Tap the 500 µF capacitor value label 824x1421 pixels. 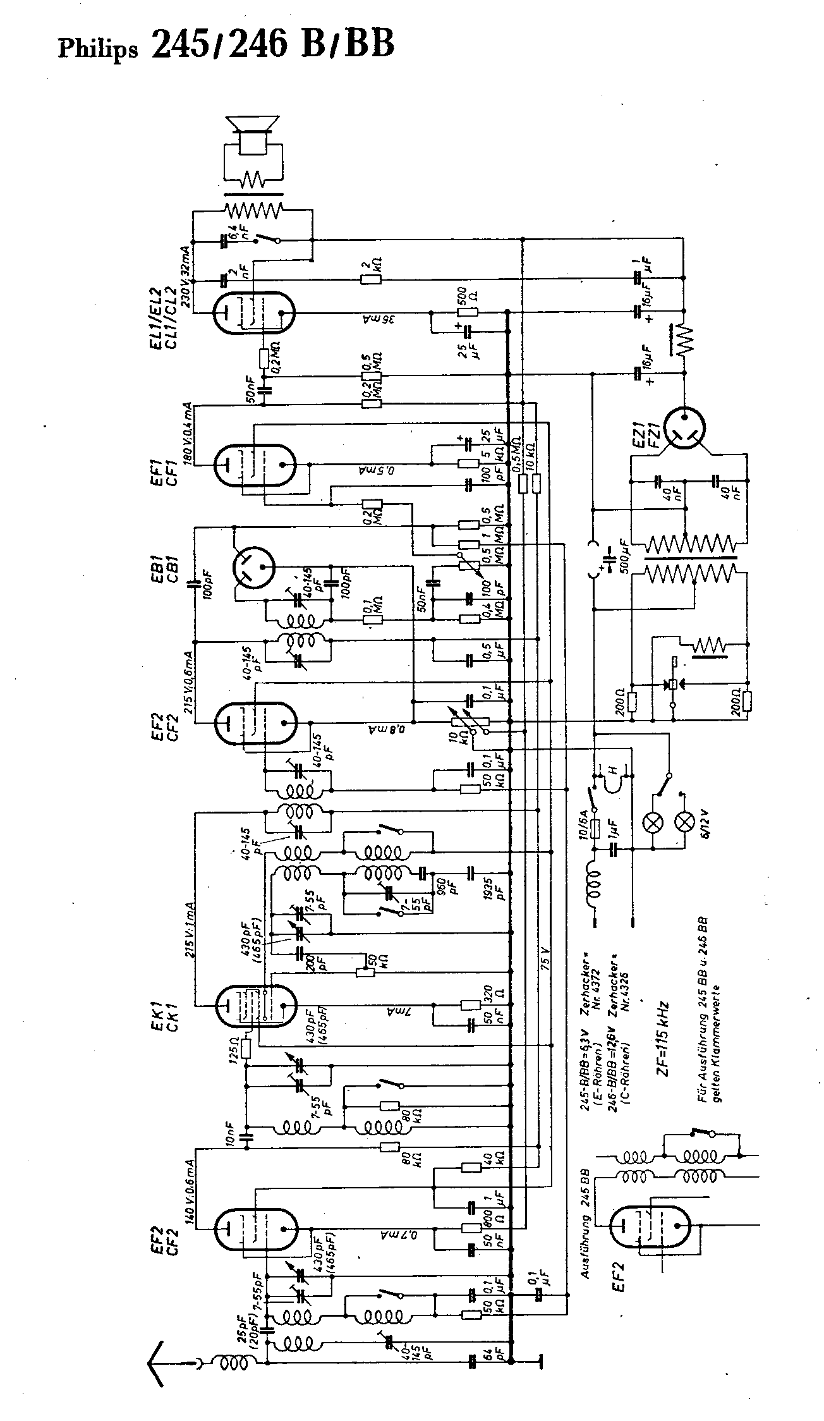[626, 557]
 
